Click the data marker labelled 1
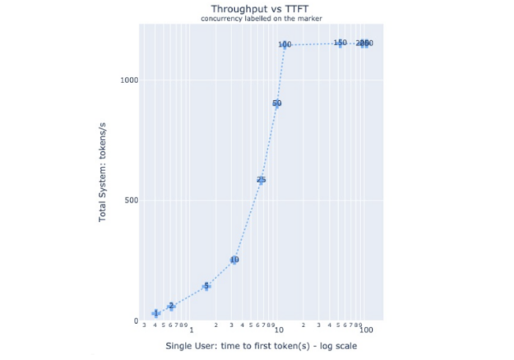point(156,314)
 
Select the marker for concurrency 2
point(171,307)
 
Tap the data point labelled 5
point(206,286)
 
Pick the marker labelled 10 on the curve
point(234,261)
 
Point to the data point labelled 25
point(261,180)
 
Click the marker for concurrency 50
point(276,104)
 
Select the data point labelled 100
point(285,45)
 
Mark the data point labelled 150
point(340,43)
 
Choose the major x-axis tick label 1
point(191,330)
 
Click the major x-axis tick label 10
point(278,330)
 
